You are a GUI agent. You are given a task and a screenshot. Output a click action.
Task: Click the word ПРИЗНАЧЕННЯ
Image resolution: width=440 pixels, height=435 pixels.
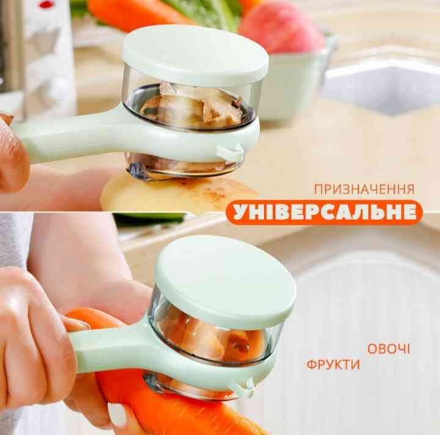(364, 189)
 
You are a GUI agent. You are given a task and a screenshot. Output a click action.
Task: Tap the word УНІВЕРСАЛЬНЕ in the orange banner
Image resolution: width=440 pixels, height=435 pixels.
(324, 213)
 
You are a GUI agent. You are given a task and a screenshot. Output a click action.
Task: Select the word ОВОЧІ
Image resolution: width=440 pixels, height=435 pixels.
(389, 349)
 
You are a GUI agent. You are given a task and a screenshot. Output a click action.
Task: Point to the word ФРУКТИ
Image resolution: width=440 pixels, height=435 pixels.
(333, 365)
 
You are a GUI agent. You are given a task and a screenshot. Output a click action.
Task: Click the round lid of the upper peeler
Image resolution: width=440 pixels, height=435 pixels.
(196, 55)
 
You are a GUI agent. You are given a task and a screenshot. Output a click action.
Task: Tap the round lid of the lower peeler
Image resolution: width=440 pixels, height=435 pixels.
(226, 282)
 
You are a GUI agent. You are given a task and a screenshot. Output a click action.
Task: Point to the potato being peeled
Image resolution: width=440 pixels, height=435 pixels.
(180, 194)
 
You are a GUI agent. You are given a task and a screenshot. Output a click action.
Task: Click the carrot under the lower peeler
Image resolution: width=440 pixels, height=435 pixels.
(169, 404)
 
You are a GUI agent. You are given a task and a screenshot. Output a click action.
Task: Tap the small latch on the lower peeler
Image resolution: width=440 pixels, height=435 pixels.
(247, 388)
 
